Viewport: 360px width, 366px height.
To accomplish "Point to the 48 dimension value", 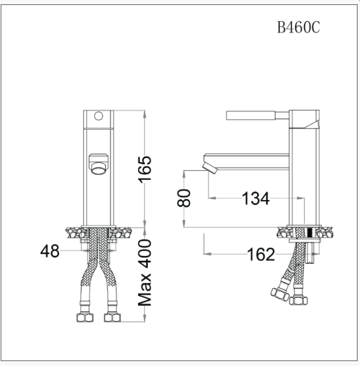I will tap(49, 250).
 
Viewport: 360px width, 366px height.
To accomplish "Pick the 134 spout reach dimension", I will tap(255, 198).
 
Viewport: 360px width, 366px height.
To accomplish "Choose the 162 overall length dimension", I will tap(261, 254).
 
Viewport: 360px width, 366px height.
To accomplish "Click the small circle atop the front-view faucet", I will tap(98, 116).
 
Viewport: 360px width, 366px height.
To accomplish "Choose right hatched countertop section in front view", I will tap(122, 232).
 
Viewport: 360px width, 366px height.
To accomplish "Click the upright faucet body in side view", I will tap(303, 176).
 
